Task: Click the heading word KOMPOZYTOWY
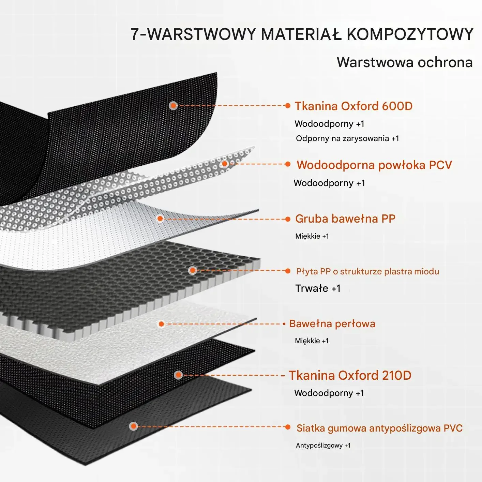410,34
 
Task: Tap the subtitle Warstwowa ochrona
405,62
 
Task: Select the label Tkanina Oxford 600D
353,106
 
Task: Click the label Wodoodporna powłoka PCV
374,165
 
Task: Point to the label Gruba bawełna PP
345,219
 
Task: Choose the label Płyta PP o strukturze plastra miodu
367,271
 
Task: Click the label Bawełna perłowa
332,323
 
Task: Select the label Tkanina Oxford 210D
350,375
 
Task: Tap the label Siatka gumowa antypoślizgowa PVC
379,428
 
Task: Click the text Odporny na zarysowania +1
347,138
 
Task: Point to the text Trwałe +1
318,288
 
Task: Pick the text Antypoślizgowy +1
323,446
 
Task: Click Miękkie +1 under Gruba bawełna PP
312,236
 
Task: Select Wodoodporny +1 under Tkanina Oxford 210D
329,393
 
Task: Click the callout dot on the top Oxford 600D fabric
173,106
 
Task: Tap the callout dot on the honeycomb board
193,271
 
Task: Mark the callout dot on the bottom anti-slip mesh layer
134,426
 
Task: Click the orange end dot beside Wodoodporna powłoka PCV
288,164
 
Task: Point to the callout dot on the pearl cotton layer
161,324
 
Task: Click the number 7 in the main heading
135,34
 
